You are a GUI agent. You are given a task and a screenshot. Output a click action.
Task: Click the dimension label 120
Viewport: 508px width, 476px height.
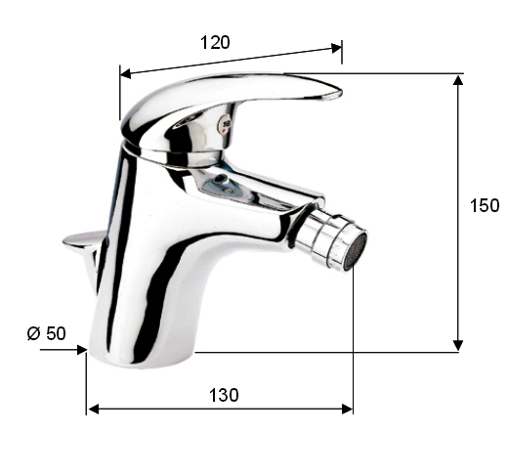(215, 43)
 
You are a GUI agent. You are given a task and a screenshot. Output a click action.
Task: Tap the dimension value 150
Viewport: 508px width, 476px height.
(485, 205)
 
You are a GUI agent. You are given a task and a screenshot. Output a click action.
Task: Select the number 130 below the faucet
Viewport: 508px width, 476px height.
(224, 395)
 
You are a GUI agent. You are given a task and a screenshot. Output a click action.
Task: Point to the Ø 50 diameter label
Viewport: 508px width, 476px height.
(47, 333)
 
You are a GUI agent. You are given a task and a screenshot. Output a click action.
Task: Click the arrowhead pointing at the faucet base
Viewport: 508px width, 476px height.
(81, 350)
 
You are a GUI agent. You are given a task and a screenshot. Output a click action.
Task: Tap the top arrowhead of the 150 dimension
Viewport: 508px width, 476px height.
(458, 80)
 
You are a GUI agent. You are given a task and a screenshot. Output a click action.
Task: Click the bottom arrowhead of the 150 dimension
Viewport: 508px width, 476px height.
(458, 345)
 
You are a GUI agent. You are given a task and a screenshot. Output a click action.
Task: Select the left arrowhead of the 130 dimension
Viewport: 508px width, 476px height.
(94, 409)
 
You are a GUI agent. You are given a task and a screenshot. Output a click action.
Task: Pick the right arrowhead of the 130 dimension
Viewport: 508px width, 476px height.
(347, 409)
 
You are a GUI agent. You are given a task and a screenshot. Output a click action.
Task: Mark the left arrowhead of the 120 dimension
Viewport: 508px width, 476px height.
(126, 74)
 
